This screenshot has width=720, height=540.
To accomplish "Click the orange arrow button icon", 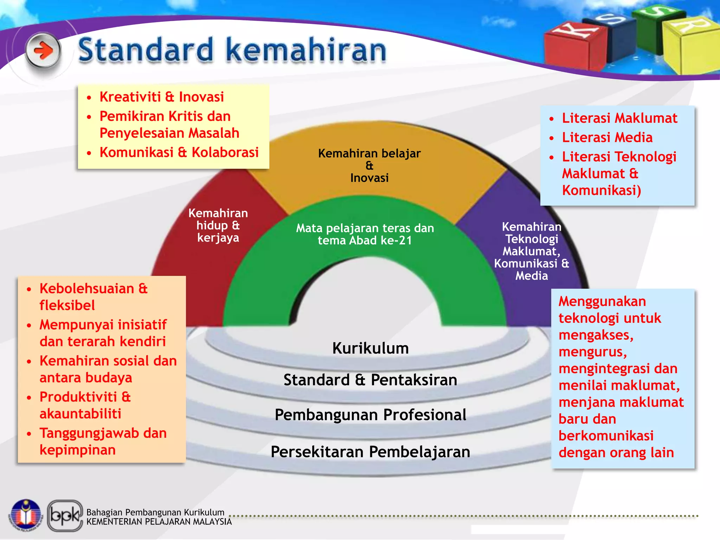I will pyautogui.click(x=43, y=51).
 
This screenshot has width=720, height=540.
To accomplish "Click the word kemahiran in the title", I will pyautogui.click(x=306, y=50).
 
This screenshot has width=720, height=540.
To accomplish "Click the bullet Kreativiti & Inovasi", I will pyautogui.click(x=161, y=97).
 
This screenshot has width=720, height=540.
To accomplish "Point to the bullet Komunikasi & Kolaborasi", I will pyautogui.click(x=179, y=152).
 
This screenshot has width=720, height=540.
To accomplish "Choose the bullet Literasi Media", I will pyautogui.click(x=607, y=137).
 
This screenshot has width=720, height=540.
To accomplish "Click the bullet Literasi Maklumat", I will pyautogui.click(x=619, y=118).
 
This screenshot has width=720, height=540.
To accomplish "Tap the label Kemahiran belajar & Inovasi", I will pyautogui.click(x=369, y=165).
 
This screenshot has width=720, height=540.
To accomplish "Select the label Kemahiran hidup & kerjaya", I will pyautogui.click(x=218, y=225).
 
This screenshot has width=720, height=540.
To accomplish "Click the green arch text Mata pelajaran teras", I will pyautogui.click(x=365, y=234).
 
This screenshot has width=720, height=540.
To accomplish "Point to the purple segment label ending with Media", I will pyautogui.click(x=531, y=251).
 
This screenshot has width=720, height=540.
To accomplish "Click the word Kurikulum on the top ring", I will pyautogui.click(x=371, y=348).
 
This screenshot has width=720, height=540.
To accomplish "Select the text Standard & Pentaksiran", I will pyautogui.click(x=370, y=380).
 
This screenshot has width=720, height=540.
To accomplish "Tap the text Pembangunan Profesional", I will pyautogui.click(x=371, y=414).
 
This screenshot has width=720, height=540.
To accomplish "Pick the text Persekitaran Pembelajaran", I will pyautogui.click(x=370, y=451).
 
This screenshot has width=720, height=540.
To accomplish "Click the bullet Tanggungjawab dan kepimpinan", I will pyautogui.click(x=103, y=441).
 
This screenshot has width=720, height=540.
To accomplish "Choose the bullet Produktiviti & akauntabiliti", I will pyautogui.click(x=85, y=405).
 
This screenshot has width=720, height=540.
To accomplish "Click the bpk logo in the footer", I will pyautogui.click(x=65, y=515).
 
